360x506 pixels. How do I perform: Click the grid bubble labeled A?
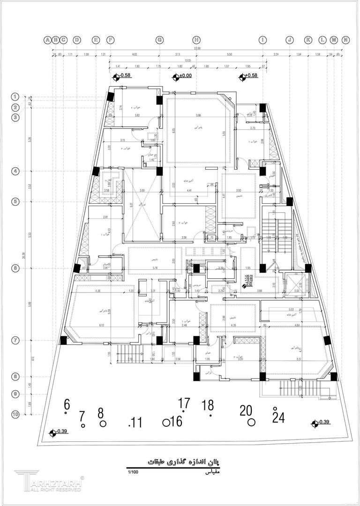coord(48,40)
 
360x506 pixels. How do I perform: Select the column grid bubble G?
coord(159,40)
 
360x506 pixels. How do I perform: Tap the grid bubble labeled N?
coord(345,40)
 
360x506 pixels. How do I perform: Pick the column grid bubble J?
coord(289,40)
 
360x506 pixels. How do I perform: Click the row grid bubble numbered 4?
coord(15,171)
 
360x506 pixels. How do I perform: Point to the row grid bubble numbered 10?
coord(15,414)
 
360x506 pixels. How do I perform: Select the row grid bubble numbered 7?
coord(15,341)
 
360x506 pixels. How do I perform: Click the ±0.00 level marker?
coord(186,75)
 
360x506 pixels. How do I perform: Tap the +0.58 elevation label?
coord(251,75)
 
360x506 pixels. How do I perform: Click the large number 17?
coord(184,402)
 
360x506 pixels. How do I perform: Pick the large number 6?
coord(67,404)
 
